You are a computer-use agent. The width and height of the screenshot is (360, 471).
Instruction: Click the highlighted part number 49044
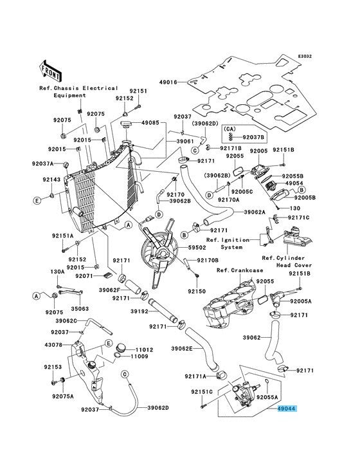point(287,409)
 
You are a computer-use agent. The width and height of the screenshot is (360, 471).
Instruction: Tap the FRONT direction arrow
point(50,73)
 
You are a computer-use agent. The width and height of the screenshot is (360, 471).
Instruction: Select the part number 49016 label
point(168,82)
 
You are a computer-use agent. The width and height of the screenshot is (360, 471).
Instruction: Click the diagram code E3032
point(305,56)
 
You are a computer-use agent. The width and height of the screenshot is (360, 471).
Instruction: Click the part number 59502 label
point(197,248)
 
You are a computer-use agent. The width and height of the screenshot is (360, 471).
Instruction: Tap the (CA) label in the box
point(230,129)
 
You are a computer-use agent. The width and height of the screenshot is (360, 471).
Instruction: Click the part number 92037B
point(253,137)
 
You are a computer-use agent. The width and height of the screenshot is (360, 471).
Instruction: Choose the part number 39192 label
point(139,311)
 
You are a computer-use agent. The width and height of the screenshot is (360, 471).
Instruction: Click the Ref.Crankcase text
point(240,270)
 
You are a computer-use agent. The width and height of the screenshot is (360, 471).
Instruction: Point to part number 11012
point(144,349)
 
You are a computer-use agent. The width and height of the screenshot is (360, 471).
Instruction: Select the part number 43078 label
point(54,345)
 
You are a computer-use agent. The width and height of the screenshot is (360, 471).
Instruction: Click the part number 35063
point(80,308)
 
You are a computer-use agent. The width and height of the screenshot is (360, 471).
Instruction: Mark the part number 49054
point(294,183)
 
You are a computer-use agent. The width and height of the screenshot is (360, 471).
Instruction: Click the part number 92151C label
point(202,392)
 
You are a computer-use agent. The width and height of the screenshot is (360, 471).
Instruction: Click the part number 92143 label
point(51,180)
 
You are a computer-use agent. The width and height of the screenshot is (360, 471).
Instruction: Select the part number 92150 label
point(197,291)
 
